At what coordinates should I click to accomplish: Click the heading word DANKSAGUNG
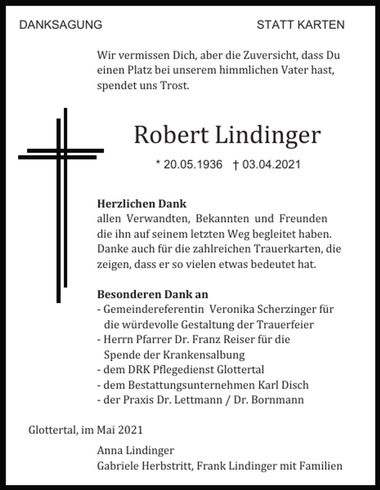point(61,25)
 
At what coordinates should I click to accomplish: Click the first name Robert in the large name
point(171,135)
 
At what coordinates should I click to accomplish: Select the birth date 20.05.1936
point(193,164)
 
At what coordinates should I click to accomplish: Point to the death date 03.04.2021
point(271,164)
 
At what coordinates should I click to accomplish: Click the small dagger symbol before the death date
point(235,165)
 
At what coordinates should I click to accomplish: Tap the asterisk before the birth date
point(158,163)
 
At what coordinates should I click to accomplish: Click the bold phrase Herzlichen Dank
point(142,204)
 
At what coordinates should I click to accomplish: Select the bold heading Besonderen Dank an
point(153,294)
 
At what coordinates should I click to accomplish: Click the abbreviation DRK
point(139,370)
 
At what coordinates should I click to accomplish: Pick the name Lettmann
point(198,400)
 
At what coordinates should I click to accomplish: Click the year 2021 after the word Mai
point(130,430)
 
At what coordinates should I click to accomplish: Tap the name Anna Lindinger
point(135,451)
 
